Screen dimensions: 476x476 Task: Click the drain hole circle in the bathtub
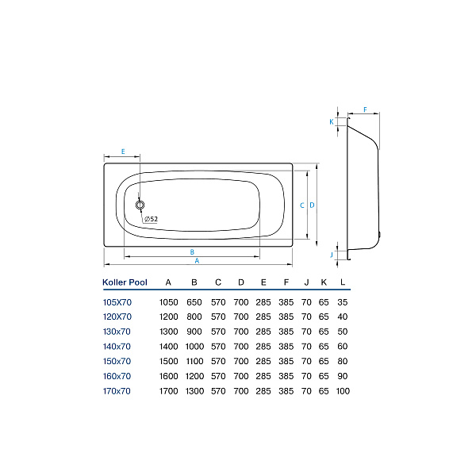140,205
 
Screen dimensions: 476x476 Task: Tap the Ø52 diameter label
151,220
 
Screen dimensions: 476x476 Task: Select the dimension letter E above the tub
123,151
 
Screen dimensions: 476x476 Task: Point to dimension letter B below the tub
192,252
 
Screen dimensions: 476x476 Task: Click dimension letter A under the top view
197,261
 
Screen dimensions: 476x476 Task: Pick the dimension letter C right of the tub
302,205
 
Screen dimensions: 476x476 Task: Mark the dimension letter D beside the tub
312,205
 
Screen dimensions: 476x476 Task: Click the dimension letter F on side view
365,110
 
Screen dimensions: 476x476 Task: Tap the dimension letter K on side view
332,121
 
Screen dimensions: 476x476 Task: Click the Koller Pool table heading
125,282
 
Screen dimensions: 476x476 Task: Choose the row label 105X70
117,301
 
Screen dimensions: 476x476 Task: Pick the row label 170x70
117,391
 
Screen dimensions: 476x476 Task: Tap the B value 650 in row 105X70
194,301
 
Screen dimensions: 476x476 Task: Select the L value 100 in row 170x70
343,391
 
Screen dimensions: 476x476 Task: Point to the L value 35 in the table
343,301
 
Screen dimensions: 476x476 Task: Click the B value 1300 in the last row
194,391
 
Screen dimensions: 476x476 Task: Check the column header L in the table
343,282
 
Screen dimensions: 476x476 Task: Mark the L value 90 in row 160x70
343,376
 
